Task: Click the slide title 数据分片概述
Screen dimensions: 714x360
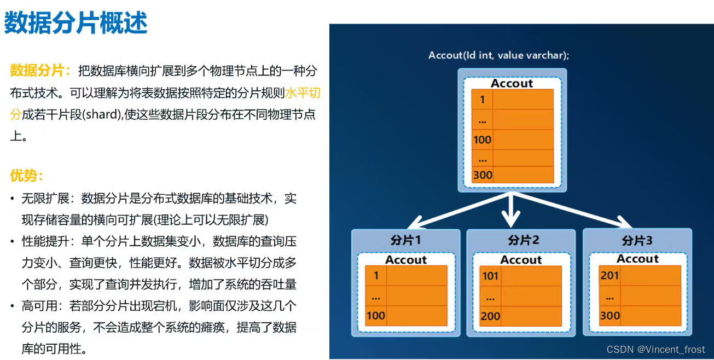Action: click(x=76, y=24)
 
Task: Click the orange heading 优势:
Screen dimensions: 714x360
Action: click(x=26, y=176)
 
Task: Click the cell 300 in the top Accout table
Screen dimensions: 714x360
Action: click(x=482, y=175)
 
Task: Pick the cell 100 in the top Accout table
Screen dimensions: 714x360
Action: click(x=482, y=140)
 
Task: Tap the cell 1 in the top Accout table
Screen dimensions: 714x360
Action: click(x=482, y=100)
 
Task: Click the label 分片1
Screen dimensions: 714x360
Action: click(x=405, y=240)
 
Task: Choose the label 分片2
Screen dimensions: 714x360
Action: click(x=523, y=240)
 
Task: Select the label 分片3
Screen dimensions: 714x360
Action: click(x=637, y=240)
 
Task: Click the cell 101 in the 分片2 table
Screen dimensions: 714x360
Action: click(x=490, y=276)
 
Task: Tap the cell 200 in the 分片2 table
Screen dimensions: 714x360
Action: click(x=490, y=316)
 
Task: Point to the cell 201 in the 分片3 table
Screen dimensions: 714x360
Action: click(x=609, y=275)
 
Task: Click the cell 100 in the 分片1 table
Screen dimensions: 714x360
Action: click(x=376, y=316)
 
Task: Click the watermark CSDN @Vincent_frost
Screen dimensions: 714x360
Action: click(x=655, y=349)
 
